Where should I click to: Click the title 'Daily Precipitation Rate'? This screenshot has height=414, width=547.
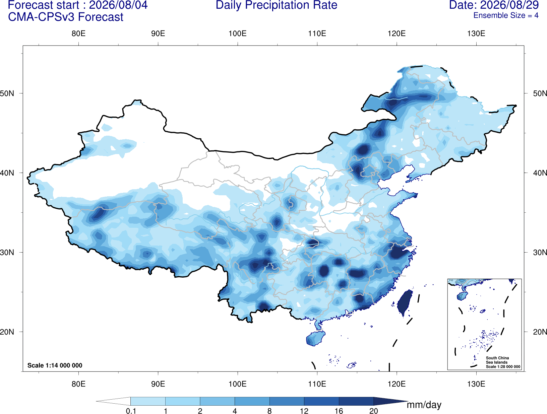pyautogui.click(x=277, y=5)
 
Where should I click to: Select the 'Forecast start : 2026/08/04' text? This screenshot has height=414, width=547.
pyautogui.click(x=78, y=5)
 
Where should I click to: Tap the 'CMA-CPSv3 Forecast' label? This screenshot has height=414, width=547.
pyautogui.click(x=66, y=17)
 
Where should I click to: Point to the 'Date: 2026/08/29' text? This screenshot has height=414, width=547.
pyautogui.click(x=494, y=5)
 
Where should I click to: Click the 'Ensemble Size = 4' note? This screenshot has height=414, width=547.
pyautogui.click(x=506, y=15)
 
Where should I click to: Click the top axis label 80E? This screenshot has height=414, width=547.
pyautogui.click(x=78, y=33)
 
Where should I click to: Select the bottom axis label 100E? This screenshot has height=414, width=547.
pyautogui.click(x=238, y=384)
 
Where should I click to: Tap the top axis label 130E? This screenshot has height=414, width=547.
pyautogui.click(x=476, y=33)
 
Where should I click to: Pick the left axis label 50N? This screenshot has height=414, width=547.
pyautogui.click(x=7, y=93)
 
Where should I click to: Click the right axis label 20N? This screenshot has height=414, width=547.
pyautogui.click(x=540, y=332)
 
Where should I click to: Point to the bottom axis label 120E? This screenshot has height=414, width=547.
pyautogui.click(x=397, y=384)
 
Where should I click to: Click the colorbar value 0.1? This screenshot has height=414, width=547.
pyautogui.click(x=131, y=411)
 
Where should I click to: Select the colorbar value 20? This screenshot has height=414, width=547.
pyautogui.click(x=374, y=411)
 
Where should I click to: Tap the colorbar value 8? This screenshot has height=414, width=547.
pyautogui.click(x=269, y=411)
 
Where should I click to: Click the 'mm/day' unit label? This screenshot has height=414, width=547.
pyautogui.click(x=424, y=405)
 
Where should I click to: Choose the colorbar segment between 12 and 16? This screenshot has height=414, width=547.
pyautogui.click(x=321, y=401)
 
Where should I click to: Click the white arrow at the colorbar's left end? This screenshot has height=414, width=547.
pyautogui.click(x=113, y=401)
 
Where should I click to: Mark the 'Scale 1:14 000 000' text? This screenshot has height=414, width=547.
pyautogui.click(x=55, y=365)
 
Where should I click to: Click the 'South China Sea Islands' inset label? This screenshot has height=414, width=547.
pyautogui.click(x=497, y=360)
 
